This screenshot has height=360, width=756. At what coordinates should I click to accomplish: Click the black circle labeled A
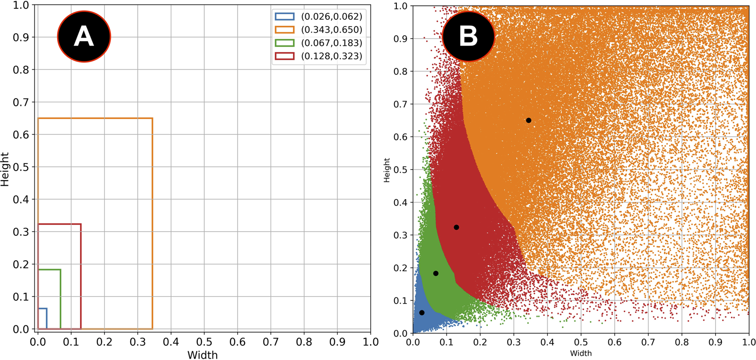pos(84,36)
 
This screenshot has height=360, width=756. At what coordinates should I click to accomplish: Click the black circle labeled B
pos(469,36)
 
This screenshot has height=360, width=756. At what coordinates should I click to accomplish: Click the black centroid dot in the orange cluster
pos(528,120)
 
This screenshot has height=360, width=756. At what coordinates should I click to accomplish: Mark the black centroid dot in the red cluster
pos(456,228)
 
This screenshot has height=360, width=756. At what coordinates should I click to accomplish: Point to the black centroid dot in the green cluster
pos(436,274)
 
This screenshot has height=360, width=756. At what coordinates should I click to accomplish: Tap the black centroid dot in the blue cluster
pos(422,313)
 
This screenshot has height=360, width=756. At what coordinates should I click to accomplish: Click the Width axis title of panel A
pos(203,354)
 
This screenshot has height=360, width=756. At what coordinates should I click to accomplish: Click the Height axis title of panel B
pos(387,170)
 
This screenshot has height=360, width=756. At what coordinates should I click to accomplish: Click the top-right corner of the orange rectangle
pos(152,119)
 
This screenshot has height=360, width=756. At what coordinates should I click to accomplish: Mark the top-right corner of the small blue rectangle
pos(46,309)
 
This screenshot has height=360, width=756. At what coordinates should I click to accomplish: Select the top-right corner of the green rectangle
pos(60,269)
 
